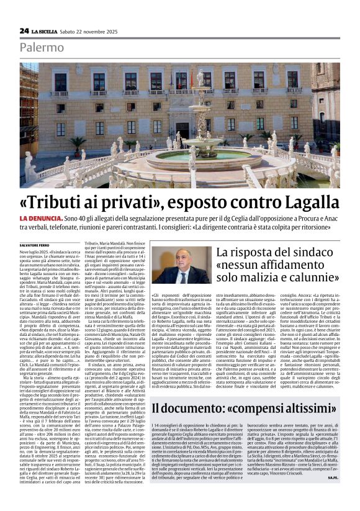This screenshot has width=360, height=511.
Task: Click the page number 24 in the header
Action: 24,30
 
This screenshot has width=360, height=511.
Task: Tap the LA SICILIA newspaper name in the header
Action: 47,31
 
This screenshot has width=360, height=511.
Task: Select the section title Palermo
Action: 41,47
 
